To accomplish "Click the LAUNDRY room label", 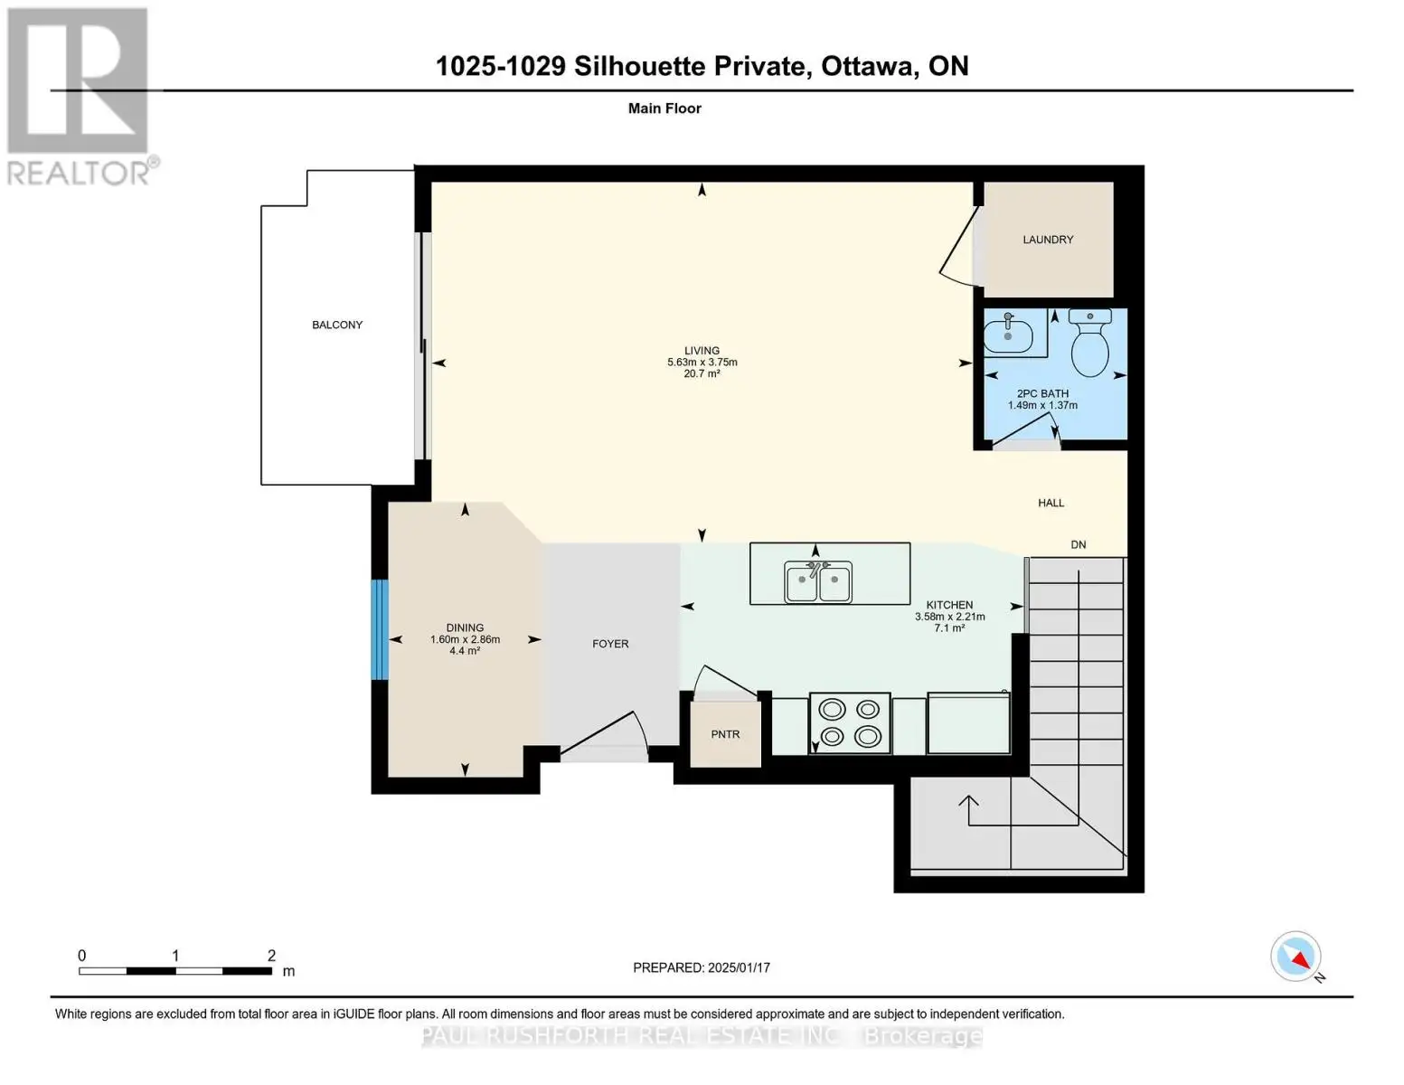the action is [1047, 240].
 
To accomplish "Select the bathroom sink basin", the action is [1007, 334].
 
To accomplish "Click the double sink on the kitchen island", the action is [817, 581].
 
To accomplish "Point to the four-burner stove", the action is [850, 723].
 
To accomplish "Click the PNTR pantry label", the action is [725, 734].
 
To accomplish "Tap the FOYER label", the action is [610, 644].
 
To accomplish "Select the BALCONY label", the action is [337, 325].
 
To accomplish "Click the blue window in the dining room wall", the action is [380, 629].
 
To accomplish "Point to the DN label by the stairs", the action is [1079, 545].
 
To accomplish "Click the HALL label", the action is [1051, 503].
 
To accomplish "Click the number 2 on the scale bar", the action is [271, 955].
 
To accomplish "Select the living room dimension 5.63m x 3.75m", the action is [702, 363].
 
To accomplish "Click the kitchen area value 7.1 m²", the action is [949, 627].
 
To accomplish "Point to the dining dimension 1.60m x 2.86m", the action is [466, 640].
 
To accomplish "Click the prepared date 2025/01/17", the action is [740, 967].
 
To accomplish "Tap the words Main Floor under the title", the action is [664, 108].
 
